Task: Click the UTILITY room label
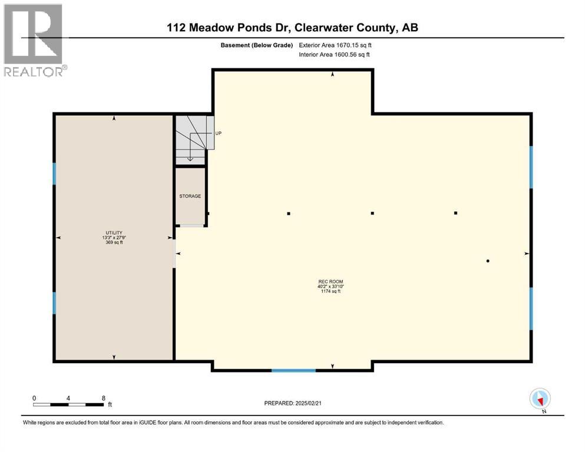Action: [114, 233]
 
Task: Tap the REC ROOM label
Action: [330, 281]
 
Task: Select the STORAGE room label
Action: [190, 196]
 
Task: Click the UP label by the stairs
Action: [218, 134]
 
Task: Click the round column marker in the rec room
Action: [488, 261]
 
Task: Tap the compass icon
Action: [540, 398]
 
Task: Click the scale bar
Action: [69, 404]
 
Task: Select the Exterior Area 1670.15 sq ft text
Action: [335, 45]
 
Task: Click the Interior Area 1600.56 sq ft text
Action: [335, 55]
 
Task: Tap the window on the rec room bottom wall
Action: [293, 370]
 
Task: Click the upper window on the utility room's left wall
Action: [55, 174]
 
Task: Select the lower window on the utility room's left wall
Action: [55, 303]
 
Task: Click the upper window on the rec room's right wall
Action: [531, 167]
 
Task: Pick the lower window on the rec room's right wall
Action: [531, 308]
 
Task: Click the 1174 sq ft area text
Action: [330, 291]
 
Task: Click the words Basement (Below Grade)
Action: [256, 45]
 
